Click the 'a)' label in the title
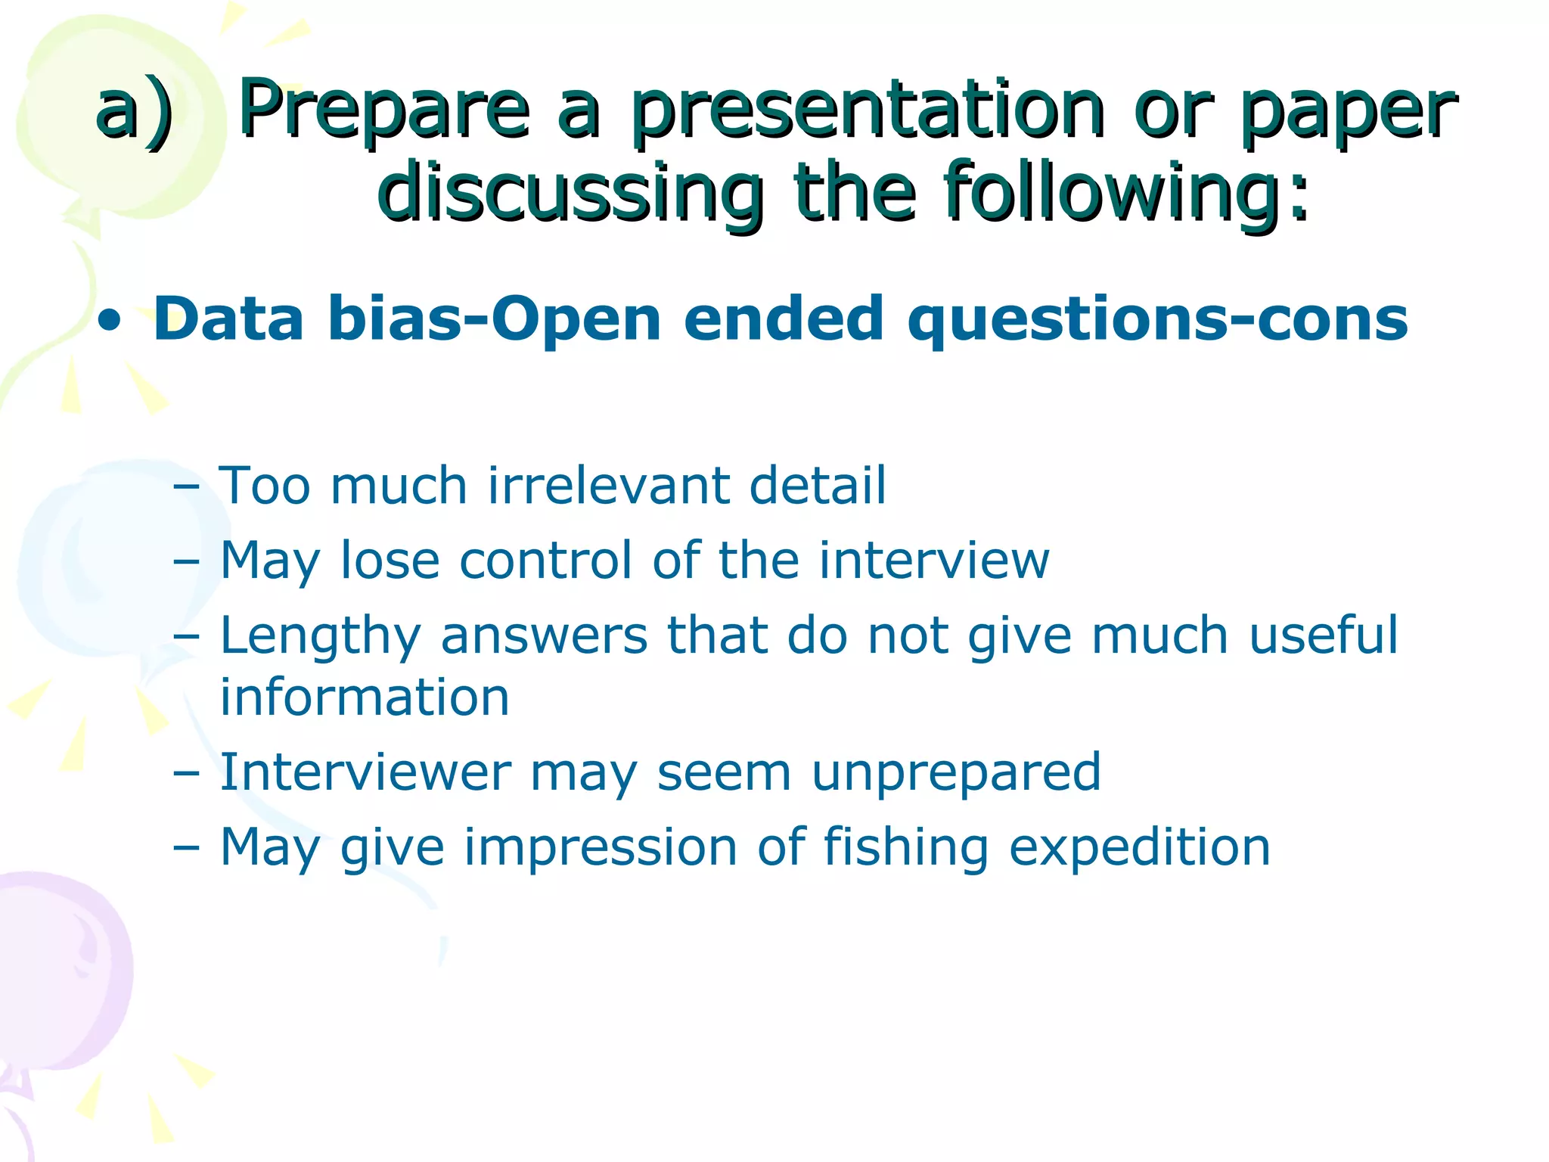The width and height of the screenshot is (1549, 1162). (134, 112)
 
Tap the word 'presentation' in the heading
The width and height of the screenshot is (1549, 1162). (868, 112)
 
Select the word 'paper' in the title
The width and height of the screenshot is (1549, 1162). (1348, 112)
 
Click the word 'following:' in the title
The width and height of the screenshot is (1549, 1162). (1126, 192)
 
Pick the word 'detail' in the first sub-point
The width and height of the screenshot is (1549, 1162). (817, 485)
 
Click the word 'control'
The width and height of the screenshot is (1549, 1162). (545, 561)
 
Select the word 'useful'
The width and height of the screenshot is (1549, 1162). (1323, 635)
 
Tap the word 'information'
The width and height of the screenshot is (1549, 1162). (365, 698)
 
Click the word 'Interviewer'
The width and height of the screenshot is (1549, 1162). (365, 772)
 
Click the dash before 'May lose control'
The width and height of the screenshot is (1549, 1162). (186, 561)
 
